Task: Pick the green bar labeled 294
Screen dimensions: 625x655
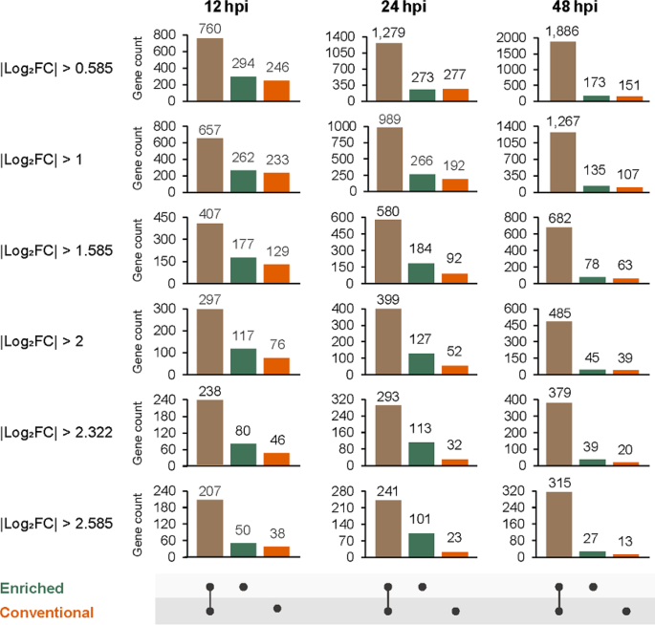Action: click(243, 88)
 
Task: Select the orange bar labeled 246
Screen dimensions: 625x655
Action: click(276, 90)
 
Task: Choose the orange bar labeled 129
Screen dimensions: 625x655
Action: click(276, 273)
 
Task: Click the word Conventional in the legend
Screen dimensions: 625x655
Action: click(47, 612)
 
